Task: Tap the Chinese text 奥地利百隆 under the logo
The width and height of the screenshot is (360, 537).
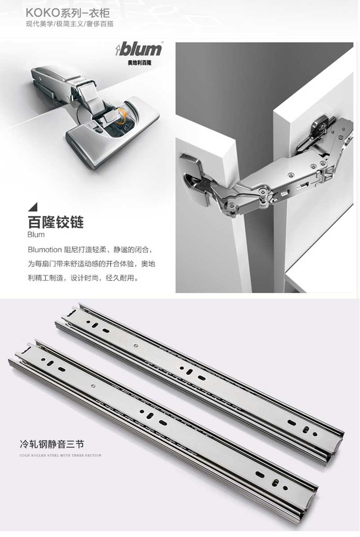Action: pos(140,63)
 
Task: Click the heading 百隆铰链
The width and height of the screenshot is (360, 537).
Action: pos(56,222)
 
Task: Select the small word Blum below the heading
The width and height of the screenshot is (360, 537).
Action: pos(36,235)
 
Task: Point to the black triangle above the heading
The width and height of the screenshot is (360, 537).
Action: pos(34,207)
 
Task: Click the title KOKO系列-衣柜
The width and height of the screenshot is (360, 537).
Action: pos(68,13)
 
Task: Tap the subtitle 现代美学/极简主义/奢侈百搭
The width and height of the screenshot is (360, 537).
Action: pos(70,24)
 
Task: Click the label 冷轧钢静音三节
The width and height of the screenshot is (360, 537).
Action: pos(52,444)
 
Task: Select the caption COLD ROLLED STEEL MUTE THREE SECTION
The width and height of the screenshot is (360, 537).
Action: pos(61,455)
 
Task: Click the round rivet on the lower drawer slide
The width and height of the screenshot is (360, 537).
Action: pos(93,386)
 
